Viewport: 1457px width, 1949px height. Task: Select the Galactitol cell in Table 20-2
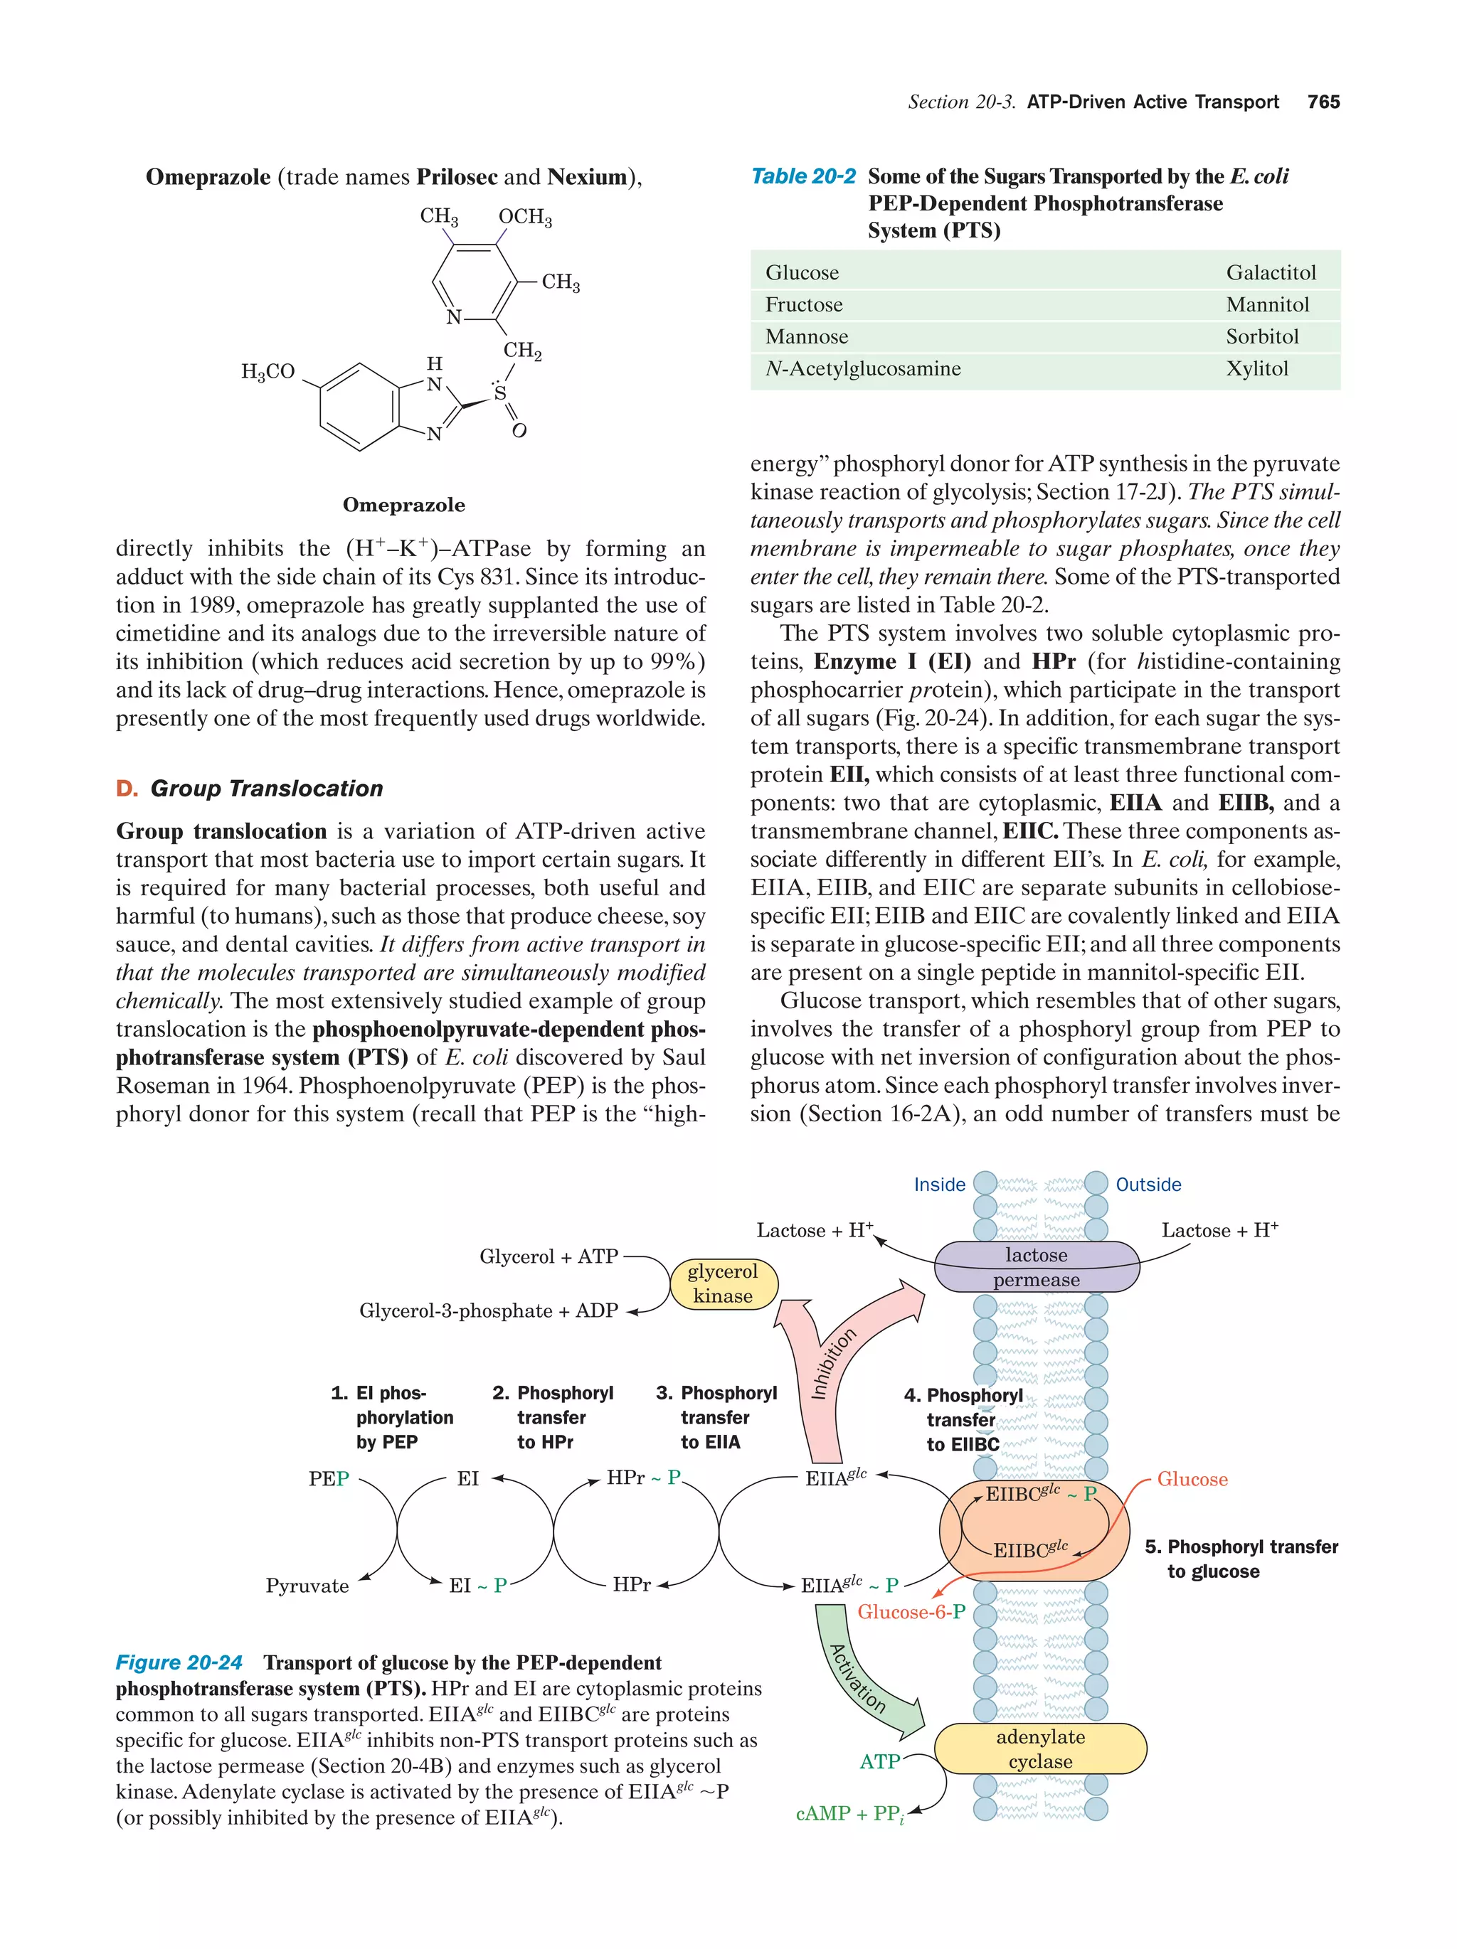click(x=1270, y=272)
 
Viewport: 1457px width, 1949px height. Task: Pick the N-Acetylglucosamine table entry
click(x=862, y=368)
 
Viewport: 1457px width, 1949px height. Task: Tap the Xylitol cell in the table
click(x=1256, y=368)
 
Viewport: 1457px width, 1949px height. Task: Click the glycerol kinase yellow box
click(x=722, y=1283)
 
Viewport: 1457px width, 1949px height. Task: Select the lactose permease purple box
click(x=1036, y=1267)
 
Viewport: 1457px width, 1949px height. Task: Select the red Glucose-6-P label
click(x=911, y=1611)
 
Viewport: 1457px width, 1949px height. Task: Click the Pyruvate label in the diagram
click(x=307, y=1586)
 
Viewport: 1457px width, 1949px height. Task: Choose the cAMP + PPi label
click(x=849, y=1813)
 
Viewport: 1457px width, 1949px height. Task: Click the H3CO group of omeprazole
click(x=268, y=372)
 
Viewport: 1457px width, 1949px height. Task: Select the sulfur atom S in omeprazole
click(x=499, y=394)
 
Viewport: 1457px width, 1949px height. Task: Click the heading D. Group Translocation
click(x=250, y=788)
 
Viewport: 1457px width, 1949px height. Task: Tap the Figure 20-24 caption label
click(x=179, y=1662)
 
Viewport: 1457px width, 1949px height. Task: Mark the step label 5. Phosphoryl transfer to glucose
click(x=1240, y=1559)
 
